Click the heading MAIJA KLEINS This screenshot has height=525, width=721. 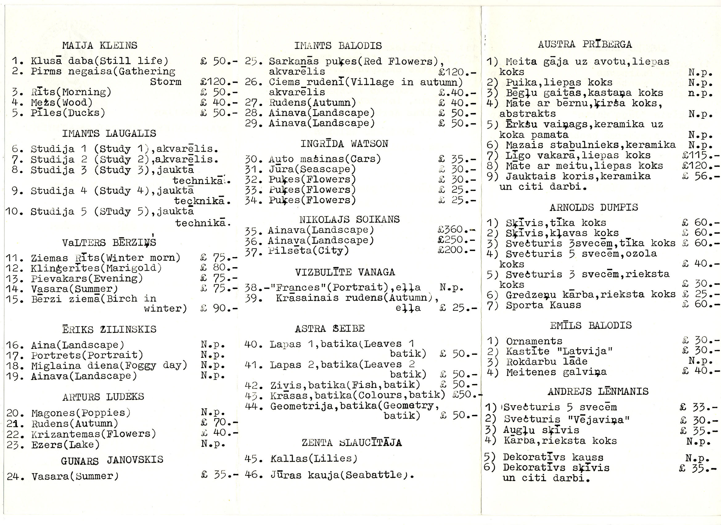tap(100, 46)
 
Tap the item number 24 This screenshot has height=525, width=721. tap(14, 477)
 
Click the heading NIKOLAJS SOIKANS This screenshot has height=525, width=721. tap(349, 220)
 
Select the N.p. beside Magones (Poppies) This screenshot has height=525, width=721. tap(213, 413)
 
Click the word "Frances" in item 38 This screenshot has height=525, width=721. tap(297, 287)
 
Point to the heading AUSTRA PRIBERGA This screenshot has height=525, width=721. tap(585, 44)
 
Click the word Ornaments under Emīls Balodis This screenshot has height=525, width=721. tap(534, 341)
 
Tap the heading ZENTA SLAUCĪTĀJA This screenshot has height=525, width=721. tap(352, 443)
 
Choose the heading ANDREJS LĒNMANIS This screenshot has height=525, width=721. tap(598, 391)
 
